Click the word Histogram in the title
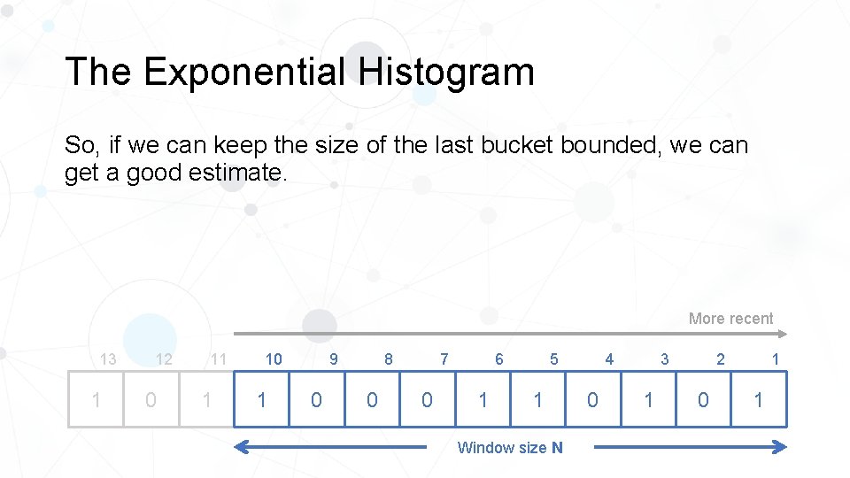pos(447,72)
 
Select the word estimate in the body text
pos(237,172)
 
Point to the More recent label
pos(730,319)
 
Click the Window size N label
pos(509,448)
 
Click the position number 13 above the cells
pos(108,358)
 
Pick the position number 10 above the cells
pos(274,358)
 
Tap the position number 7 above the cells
pos(444,358)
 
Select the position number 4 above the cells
pos(609,358)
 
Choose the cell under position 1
pos(758,400)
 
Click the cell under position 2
pos(703,400)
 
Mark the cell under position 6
pos(483,400)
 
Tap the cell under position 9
pos(316,400)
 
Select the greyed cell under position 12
pos(151,400)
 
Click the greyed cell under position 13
pos(96,400)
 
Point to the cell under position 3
pos(648,400)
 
